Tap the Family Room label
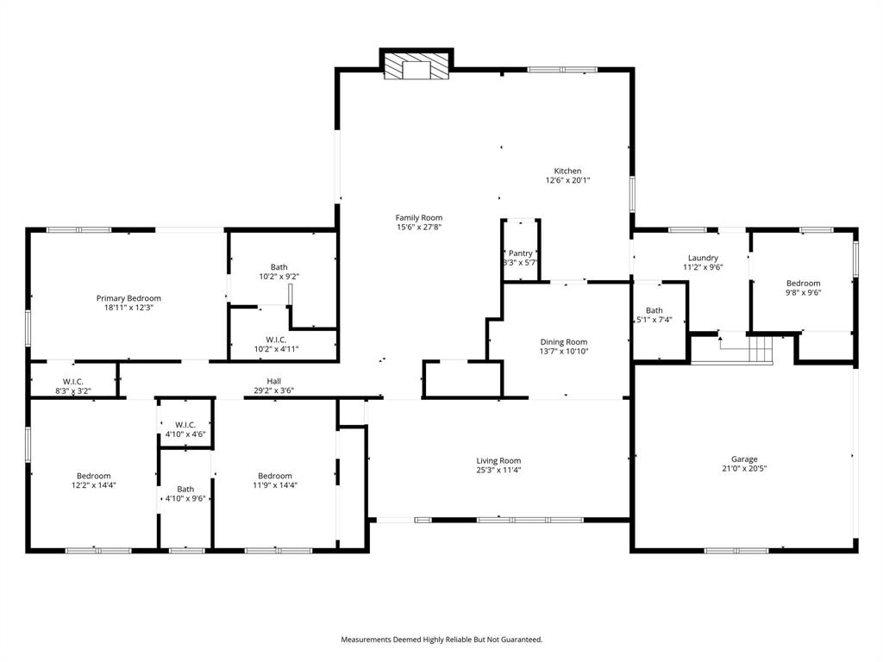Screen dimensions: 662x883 419,217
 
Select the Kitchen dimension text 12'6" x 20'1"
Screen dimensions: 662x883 567,181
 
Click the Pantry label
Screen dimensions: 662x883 521,253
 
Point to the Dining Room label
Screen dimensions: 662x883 564,342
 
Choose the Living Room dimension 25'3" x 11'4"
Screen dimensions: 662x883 498,471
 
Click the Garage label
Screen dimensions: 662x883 744,459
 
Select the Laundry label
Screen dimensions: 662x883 703,258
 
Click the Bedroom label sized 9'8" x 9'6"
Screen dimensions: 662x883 803,283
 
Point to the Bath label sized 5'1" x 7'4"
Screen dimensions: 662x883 654,310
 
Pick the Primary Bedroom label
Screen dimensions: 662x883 128,298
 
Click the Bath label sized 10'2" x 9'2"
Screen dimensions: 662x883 279,267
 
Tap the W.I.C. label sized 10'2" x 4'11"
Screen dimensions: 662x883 276,340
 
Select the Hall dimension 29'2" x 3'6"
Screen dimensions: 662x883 273,390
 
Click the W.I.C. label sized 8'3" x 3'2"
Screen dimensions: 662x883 72,381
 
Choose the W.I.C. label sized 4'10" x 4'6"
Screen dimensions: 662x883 185,424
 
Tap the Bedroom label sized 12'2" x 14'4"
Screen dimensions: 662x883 93,476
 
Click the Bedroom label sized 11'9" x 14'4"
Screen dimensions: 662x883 274,476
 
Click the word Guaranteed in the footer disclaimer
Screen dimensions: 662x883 520,640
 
